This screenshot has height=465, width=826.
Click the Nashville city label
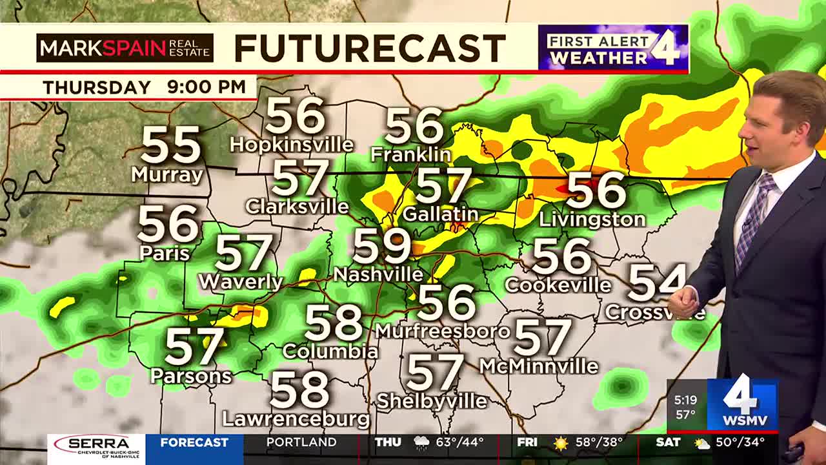378,274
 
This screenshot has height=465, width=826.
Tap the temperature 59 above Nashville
381,246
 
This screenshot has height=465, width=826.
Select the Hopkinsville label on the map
292,145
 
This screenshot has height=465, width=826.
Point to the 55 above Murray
171,145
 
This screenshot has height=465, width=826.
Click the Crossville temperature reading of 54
655,283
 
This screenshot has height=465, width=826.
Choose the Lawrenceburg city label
296,419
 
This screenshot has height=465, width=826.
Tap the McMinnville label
539,366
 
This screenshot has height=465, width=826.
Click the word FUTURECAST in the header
370,48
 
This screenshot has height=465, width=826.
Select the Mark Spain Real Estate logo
125,48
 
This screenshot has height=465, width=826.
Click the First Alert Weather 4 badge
613,48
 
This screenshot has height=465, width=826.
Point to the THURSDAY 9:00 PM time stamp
144,87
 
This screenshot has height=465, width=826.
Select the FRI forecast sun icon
560,444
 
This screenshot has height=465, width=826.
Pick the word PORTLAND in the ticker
301,443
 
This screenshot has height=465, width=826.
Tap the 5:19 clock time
685,400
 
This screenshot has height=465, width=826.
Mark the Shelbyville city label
432,401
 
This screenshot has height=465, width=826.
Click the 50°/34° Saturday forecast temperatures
741,443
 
